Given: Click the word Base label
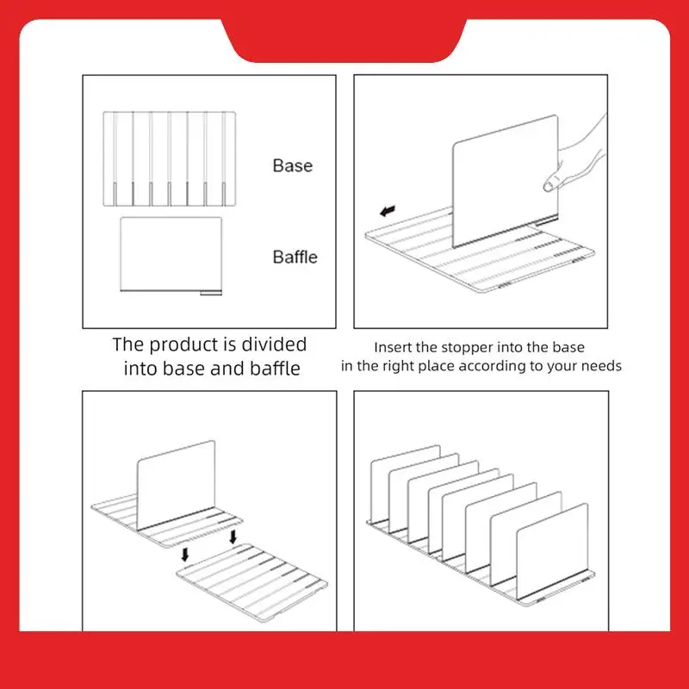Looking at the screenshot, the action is coord(293,165).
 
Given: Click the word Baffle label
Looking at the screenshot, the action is coord(295,257).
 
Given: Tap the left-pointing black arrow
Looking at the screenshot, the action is coord(388,211).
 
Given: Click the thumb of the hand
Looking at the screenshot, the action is coord(552,182).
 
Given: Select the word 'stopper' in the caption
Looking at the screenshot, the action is coord(467,348).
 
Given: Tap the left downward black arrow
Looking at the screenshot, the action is coord(185,554).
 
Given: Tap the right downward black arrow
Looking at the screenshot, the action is coord(233,537).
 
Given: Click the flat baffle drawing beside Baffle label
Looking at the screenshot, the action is coord(171,254).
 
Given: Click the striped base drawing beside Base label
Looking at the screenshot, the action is coord(170,158).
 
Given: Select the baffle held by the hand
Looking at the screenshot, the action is coord(506,180).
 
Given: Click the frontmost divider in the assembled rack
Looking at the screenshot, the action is coord(552,551).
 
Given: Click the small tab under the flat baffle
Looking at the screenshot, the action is coord(211,293).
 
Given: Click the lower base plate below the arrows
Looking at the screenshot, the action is coord(252,582).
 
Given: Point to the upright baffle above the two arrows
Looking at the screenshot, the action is coord(176,485).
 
